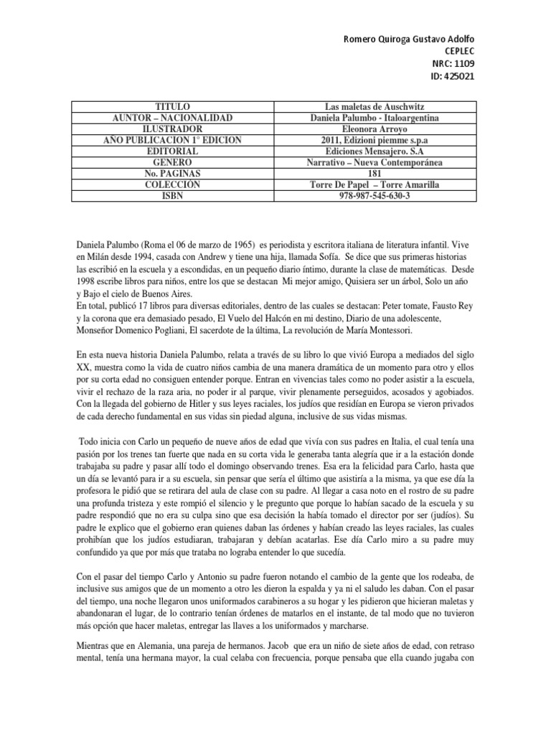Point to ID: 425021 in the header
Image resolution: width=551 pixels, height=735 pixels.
point(452,77)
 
